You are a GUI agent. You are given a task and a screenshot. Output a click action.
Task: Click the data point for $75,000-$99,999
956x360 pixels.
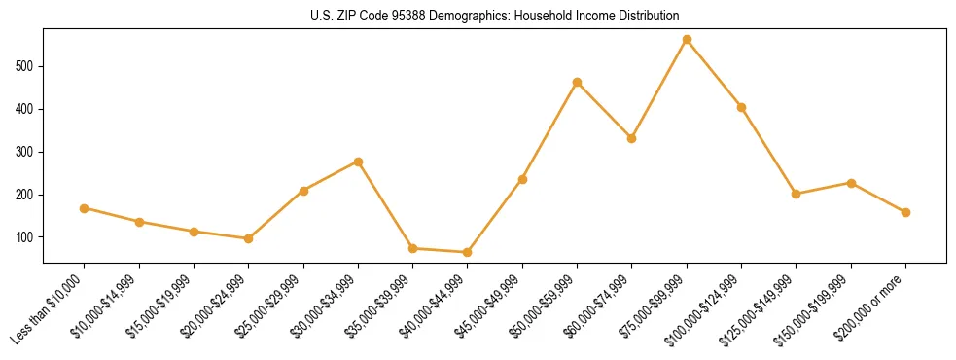[687, 40]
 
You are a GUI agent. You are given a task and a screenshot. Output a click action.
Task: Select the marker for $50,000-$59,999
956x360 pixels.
[577, 83]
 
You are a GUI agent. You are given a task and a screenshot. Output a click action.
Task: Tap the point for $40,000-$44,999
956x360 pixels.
[468, 252]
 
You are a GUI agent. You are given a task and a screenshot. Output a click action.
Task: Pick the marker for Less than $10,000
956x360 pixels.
[85, 208]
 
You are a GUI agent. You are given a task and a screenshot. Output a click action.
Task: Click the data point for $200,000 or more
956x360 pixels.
[905, 212]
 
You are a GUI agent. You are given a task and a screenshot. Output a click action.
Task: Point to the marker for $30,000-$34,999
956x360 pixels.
[358, 162]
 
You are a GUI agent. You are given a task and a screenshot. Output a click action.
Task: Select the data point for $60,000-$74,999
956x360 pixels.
[632, 138]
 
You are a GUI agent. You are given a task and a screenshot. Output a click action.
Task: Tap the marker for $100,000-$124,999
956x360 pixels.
[741, 107]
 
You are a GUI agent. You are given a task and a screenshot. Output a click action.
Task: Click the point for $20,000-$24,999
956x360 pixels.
[248, 238]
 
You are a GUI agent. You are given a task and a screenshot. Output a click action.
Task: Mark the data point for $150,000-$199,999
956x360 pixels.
[851, 183]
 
